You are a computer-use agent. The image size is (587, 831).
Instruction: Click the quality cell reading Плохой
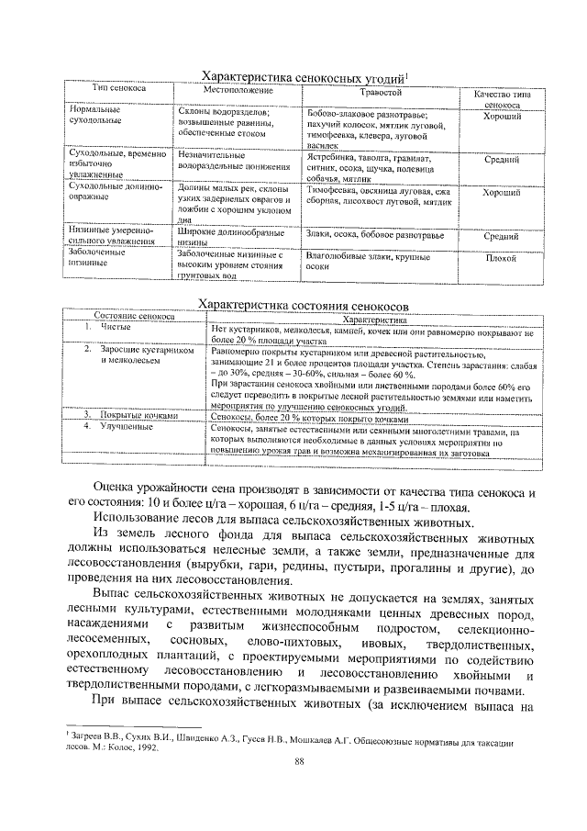coord(502,258)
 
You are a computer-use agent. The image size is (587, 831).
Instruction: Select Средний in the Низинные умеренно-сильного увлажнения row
coord(502,236)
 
